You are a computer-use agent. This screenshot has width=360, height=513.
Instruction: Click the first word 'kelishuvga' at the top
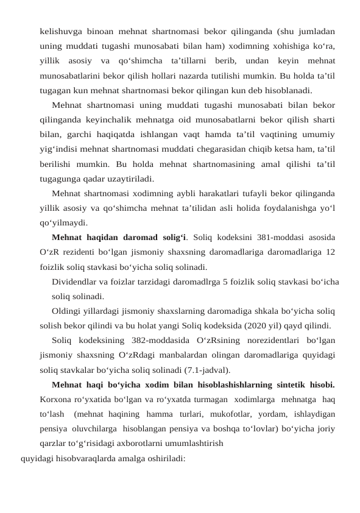(60, 30)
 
